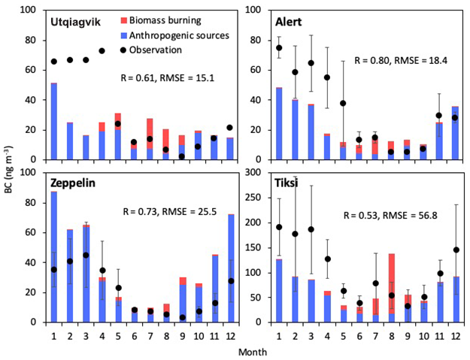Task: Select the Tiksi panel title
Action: pos(284,183)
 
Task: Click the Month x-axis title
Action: pos(251,351)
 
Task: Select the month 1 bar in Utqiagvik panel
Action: pos(53,121)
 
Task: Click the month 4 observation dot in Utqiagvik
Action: pos(102,51)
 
